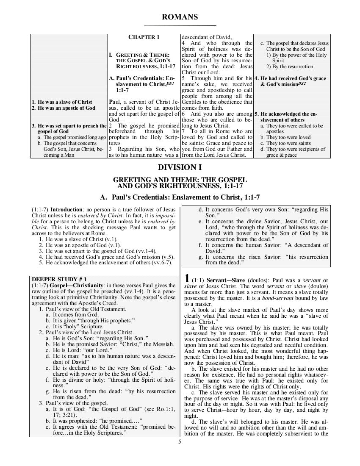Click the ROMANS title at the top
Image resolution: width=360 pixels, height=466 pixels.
180,17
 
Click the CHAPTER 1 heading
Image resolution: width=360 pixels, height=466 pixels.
144,37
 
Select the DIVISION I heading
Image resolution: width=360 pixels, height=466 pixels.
180,166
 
